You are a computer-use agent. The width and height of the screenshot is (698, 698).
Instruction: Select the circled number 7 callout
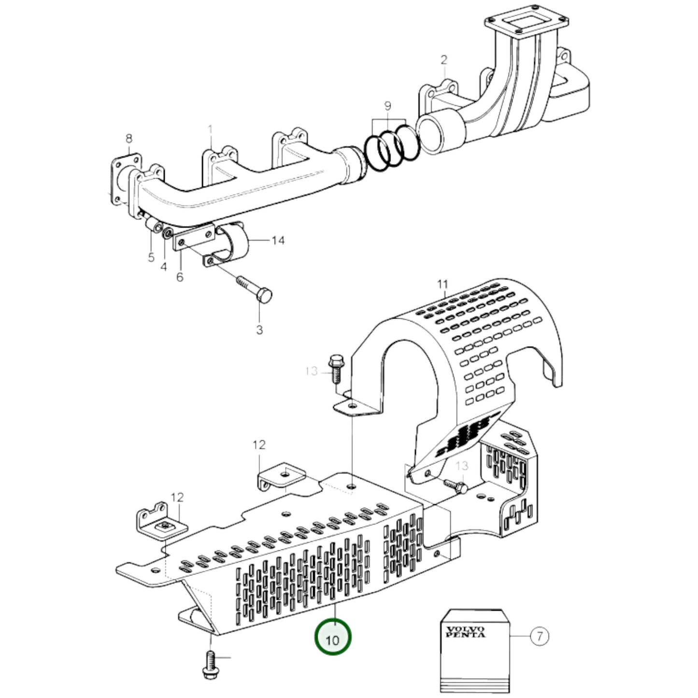[x=540, y=637]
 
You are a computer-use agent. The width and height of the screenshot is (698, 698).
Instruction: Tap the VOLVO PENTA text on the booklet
[x=466, y=631]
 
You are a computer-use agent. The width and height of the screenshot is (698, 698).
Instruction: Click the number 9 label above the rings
[x=387, y=106]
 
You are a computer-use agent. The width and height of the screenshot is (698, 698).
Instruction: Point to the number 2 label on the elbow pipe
[x=443, y=60]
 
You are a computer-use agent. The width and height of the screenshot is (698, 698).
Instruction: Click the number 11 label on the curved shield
[x=443, y=284]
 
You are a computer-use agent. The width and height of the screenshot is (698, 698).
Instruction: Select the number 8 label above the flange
[x=128, y=139]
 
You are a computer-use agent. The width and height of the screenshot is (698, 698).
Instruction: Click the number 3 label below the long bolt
[x=259, y=330]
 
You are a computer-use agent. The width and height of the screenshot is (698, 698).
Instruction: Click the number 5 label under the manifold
[x=151, y=257]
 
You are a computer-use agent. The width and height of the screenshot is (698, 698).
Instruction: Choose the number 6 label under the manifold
[x=180, y=278]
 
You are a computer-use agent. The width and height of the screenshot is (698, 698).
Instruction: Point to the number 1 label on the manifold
[x=210, y=129]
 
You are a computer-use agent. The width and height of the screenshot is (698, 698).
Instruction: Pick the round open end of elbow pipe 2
[x=435, y=135]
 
